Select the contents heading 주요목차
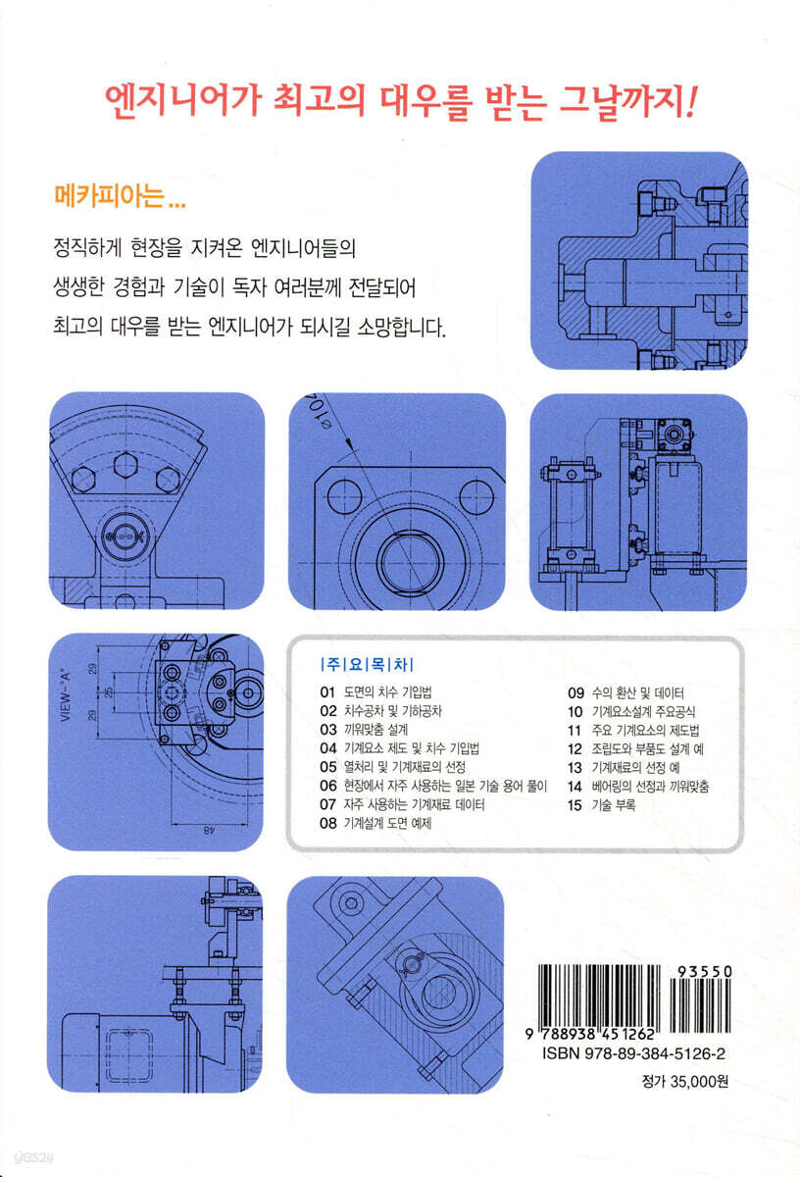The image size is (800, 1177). pyautogui.click(x=367, y=665)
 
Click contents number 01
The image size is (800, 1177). pyautogui.click(x=327, y=692)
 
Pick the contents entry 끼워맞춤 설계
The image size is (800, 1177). pyautogui.click(x=375, y=730)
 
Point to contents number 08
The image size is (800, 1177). pyautogui.click(x=327, y=823)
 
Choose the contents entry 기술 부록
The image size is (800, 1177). pyautogui.click(x=614, y=805)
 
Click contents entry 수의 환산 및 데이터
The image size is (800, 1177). pyautogui.click(x=637, y=692)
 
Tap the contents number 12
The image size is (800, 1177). pyautogui.click(x=575, y=748)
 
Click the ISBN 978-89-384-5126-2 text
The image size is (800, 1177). pyautogui.click(x=633, y=1053)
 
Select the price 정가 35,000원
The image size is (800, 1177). pyautogui.click(x=685, y=1081)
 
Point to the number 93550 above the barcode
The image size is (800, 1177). pyautogui.click(x=704, y=972)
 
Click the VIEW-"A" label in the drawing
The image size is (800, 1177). pyautogui.click(x=66, y=694)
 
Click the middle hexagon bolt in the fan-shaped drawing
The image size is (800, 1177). pyautogui.click(x=126, y=465)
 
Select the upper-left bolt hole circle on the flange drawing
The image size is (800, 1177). pyautogui.click(x=344, y=496)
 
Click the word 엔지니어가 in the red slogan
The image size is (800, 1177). pyautogui.click(x=182, y=101)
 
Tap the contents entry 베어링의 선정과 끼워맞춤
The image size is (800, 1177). pyautogui.click(x=650, y=786)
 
